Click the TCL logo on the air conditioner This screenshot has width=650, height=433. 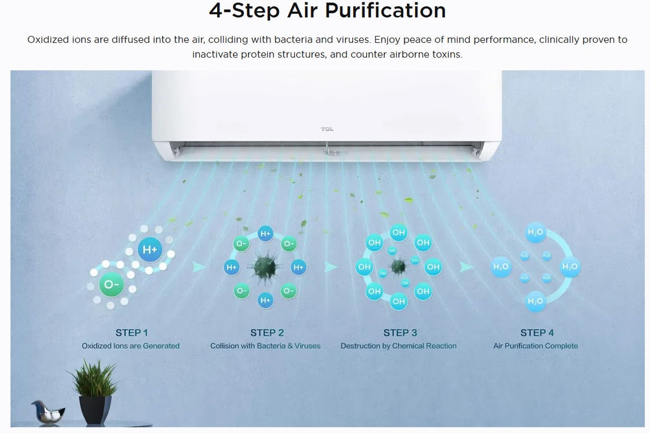(327, 129)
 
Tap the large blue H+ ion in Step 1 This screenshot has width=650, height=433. (150, 250)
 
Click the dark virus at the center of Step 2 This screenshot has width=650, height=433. (265, 267)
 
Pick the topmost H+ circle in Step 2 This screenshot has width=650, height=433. (265, 234)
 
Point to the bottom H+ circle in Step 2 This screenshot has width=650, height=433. (265, 300)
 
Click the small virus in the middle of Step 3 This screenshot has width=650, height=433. (398, 267)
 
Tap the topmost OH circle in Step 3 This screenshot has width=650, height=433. (398, 233)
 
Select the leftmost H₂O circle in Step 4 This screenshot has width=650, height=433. (501, 267)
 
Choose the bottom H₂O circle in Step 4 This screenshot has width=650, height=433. (535, 301)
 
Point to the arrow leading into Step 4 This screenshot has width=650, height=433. (466, 267)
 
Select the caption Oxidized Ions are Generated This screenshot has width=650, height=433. (130, 346)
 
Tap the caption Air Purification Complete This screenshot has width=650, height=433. (535, 346)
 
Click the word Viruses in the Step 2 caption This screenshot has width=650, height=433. (306, 346)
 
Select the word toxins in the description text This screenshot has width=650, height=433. (446, 54)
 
